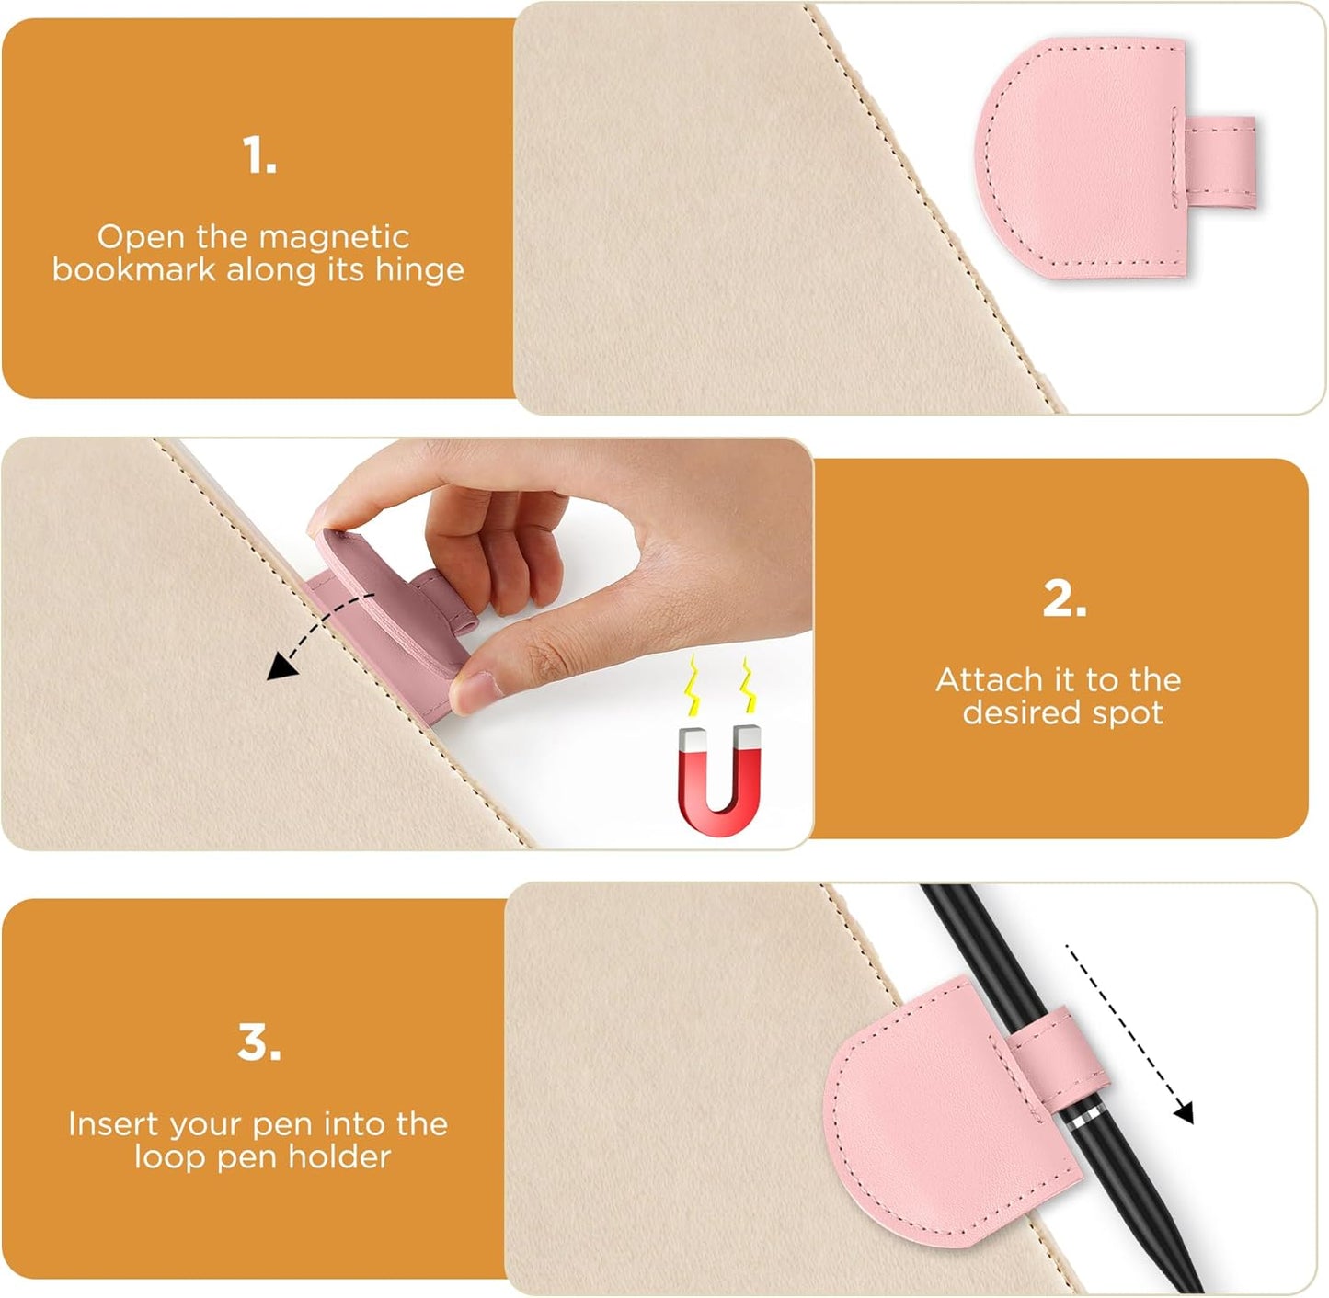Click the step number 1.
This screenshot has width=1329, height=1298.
click(x=258, y=155)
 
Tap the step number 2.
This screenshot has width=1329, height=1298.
click(x=1064, y=599)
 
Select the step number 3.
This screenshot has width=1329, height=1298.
click(x=258, y=1043)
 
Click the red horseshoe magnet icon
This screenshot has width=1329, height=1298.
click(x=720, y=780)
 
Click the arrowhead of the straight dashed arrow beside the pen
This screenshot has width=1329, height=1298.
click(x=1185, y=1112)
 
